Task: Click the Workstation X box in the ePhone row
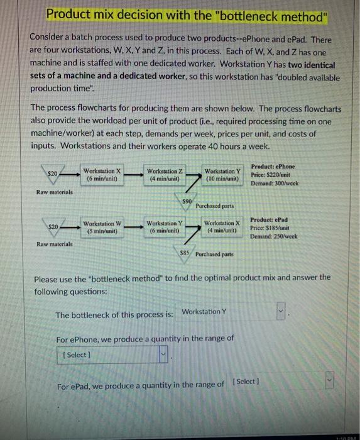(x=102, y=174)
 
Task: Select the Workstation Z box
(x=164, y=174)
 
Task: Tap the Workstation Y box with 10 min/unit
(x=222, y=174)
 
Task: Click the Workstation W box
(x=102, y=226)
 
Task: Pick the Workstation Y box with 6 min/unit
(x=164, y=226)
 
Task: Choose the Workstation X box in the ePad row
(x=222, y=226)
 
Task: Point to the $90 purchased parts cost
(x=186, y=201)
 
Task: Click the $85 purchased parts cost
(x=184, y=253)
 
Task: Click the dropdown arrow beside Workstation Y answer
(x=281, y=311)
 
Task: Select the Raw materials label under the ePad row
(x=55, y=244)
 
